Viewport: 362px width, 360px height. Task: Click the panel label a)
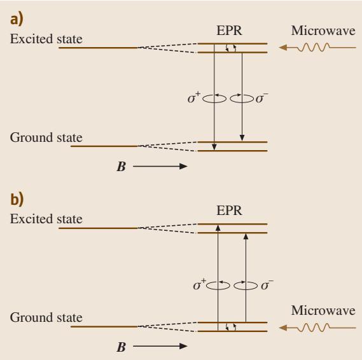pyautogui.click(x=17, y=20)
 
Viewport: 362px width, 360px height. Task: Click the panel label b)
pyautogui.click(x=17, y=199)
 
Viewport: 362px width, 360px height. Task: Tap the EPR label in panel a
pyautogui.click(x=229, y=31)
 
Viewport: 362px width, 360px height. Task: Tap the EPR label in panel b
pyautogui.click(x=229, y=211)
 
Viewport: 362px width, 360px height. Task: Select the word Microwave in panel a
pyautogui.click(x=323, y=31)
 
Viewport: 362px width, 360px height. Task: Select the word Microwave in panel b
pyautogui.click(x=323, y=310)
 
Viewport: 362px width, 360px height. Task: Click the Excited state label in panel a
pyautogui.click(x=46, y=39)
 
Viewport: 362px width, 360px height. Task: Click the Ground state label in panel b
pyautogui.click(x=46, y=317)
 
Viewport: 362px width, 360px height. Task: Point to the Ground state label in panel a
pyautogui.click(x=46, y=137)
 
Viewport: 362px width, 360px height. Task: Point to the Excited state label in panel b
pyautogui.click(x=46, y=219)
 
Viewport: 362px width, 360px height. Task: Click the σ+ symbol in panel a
pyautogui.click(x=194, y=97)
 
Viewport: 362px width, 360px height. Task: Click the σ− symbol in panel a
pyautogui.click(x=262, y=98)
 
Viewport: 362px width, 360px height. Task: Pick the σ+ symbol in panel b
pyautogui.click(x=200, y=284)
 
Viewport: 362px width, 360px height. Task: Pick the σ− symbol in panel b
pyautogui.click(x=267, y=285)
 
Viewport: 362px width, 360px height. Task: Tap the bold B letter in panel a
pyautogui.click(x=122, y=167)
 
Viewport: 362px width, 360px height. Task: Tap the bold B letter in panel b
pyautogui.click(x=122, y=347)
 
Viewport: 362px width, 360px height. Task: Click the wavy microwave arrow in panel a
pyautogui.click(x=317, y=48)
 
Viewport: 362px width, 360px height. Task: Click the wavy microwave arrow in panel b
pyautogui.click(x=317, y=328)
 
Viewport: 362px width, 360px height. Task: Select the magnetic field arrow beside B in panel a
pyautogui.click(x=160, y=166)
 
